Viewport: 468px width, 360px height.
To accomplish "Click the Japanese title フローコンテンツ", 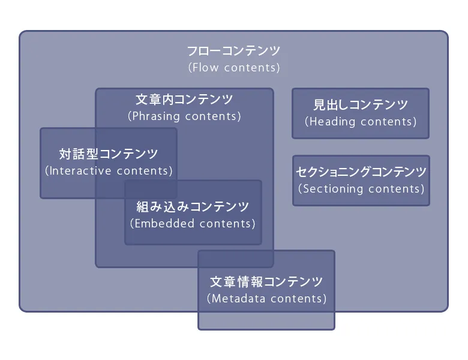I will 233,51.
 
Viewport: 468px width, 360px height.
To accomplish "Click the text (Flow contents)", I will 234,68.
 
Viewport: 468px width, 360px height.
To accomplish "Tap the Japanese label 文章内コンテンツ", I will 184,100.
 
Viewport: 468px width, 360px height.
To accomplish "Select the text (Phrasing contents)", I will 184,116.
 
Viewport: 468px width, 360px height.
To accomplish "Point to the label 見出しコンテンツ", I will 361,105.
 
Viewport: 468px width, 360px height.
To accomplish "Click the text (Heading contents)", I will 361,122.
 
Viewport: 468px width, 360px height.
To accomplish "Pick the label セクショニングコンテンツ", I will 361,172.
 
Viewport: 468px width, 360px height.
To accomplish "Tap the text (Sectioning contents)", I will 361,189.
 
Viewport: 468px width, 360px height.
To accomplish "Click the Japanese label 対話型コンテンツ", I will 109,154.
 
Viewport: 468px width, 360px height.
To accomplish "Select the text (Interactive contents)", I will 109,171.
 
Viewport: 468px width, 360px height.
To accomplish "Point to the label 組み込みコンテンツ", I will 193,207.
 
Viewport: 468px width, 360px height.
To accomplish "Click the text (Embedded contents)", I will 193,224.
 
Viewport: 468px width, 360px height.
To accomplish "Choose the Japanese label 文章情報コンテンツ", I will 266,281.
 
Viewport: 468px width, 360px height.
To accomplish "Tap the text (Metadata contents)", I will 266,298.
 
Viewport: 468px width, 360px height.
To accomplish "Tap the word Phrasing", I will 157,116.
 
